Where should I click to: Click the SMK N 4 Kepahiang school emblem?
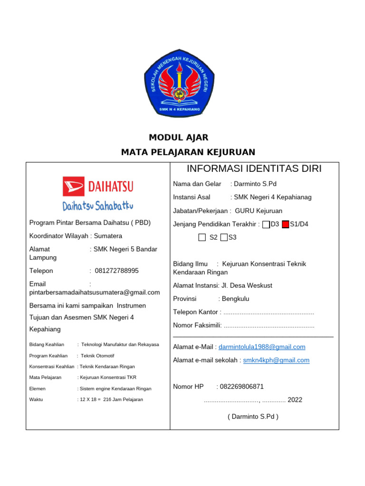point(179,83)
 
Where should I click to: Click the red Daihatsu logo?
point(98,187)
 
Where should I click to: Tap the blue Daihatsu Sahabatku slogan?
point(98,206)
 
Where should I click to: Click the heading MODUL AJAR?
point(179,138)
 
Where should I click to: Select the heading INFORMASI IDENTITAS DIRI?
point(254,168)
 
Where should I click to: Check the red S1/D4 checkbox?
point(285,224)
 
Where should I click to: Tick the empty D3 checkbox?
point(266,224)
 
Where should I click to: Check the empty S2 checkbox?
point(202,237)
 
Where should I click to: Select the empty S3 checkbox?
point(224,237)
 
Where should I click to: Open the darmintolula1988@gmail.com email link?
point(262,347)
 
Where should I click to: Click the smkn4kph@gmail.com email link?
point(276,360)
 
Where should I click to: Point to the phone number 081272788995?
point(117,271)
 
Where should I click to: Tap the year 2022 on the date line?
point(295,400)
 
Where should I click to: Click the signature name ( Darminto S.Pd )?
point(253,417)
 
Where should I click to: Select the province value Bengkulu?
point(235,299)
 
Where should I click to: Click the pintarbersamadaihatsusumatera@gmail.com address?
point(95,292)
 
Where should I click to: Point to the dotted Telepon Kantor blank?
point(269,312)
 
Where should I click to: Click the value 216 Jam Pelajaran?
point(123,400)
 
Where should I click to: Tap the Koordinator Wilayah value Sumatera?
point(108,236)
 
